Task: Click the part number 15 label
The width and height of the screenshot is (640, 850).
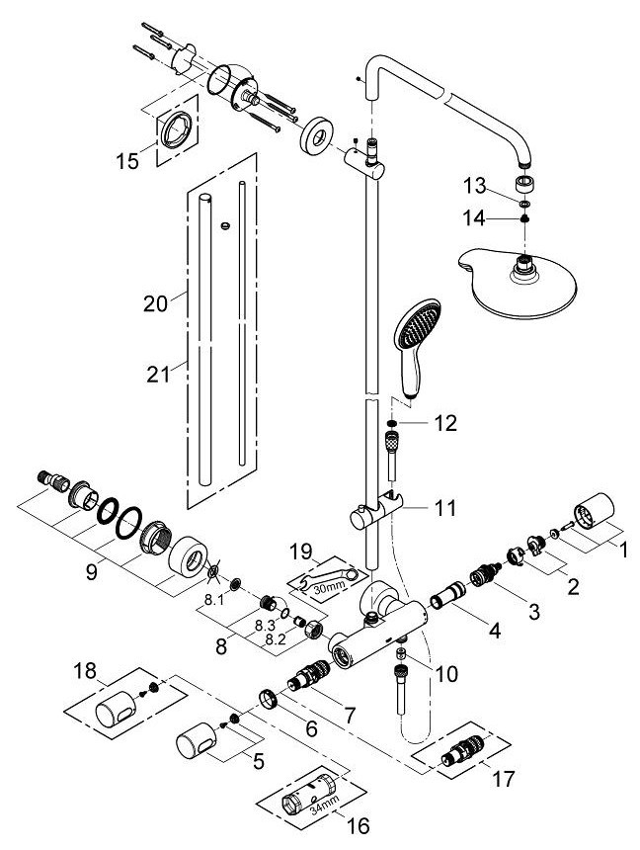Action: [x=127, y=161]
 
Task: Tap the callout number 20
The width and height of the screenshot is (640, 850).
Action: [x=155, y=303]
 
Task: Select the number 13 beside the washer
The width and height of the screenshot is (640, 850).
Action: [x=475, y=186]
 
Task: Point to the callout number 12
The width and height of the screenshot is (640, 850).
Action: [x=444, y=423]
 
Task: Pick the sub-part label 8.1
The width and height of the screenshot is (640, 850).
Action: [x=214, y=600]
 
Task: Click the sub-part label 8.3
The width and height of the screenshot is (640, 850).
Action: [x=265, y=625]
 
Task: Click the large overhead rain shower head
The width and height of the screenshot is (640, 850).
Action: [x=518, y=277]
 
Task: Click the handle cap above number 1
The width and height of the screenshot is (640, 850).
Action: [x=594, y=511]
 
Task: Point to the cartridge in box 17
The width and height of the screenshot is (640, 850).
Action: [x=461, y=750]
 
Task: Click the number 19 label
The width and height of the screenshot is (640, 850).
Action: [x=301, y=552]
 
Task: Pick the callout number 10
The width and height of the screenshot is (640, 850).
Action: [x=446, y=674]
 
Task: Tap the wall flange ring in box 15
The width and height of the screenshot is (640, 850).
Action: [x=175, y=129]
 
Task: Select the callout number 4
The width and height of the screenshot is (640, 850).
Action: [x=494, y=630]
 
